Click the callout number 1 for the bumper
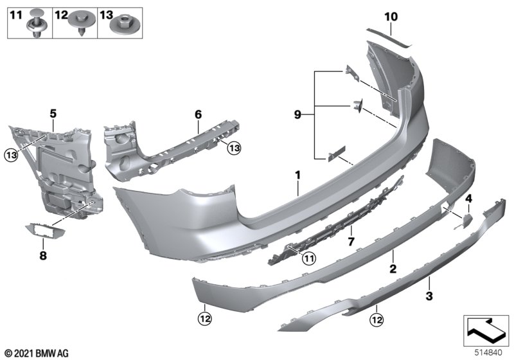click(298, 174)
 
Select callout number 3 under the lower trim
click(429, 296)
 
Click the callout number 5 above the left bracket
click(53, 114)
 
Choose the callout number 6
click(199, 114)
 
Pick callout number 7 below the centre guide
click(350, 241)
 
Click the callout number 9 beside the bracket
click(297, 115)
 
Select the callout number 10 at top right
click(391, 15)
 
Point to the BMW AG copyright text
click(36, 352)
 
